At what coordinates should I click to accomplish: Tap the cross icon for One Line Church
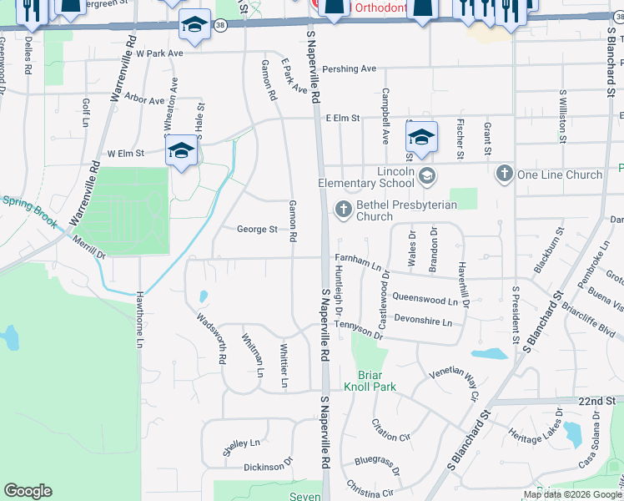(x=504, y=174)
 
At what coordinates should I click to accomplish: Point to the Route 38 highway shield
(x=219, y=26)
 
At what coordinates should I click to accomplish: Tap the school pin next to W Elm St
(x=181, y=152)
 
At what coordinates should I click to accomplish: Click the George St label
(x=257, y=229)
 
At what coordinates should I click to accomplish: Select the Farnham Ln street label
(x=358, y=263)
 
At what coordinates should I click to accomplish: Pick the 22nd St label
(x=596, y=402)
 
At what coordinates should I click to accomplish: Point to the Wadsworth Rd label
(x=212, y=337)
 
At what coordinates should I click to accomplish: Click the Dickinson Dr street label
(x=268, y=465)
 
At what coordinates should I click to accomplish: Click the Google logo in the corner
(x=28, y=490)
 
